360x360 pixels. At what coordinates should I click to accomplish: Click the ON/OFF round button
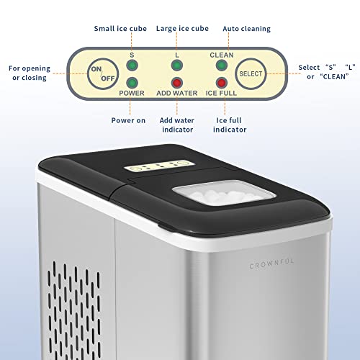click(x=102, y=73)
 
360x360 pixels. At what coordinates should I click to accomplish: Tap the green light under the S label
click(x=132, y=66)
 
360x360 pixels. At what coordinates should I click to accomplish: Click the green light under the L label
click(x=176, y=66)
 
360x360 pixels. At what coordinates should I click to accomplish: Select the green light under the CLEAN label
click(x=222, y=66)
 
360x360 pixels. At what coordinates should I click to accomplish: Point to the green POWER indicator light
click(x=132, y=83)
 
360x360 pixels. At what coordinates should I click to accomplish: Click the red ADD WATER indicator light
click(x=176, y=83)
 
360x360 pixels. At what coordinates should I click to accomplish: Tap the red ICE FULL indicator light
click(x=222, y=83)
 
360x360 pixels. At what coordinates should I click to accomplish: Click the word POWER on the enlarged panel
click(x=132, y=93)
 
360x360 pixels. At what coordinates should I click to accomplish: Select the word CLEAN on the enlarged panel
click(x=222, y=54)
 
